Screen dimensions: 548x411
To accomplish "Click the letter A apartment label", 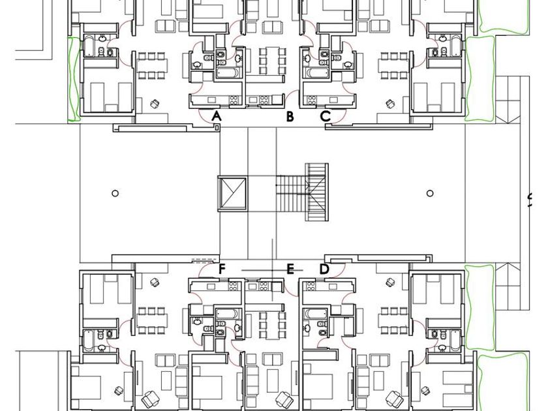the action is tap(217, 116).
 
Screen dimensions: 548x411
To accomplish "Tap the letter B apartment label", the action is tap(290, 116).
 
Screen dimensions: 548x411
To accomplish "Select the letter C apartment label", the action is tap(326, 116).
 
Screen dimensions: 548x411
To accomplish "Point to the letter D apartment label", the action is tap(324, 269).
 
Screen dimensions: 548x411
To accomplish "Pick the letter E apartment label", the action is tap(290, 269).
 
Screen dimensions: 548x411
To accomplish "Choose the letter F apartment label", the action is tap(222, 269).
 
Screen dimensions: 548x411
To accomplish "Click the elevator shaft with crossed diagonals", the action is tap(232, 194).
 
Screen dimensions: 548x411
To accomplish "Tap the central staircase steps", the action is tap(303, 192).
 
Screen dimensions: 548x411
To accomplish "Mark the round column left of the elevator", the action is tap(115, 193).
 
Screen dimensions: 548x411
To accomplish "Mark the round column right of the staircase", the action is tap(430, 193).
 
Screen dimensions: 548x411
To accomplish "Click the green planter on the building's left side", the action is tap(74, 80).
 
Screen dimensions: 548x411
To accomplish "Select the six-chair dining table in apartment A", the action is tap(151, 65).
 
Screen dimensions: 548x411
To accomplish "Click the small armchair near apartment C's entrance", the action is tap(390, 104).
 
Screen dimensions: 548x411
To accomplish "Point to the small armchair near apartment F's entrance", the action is tap(154, 282).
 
